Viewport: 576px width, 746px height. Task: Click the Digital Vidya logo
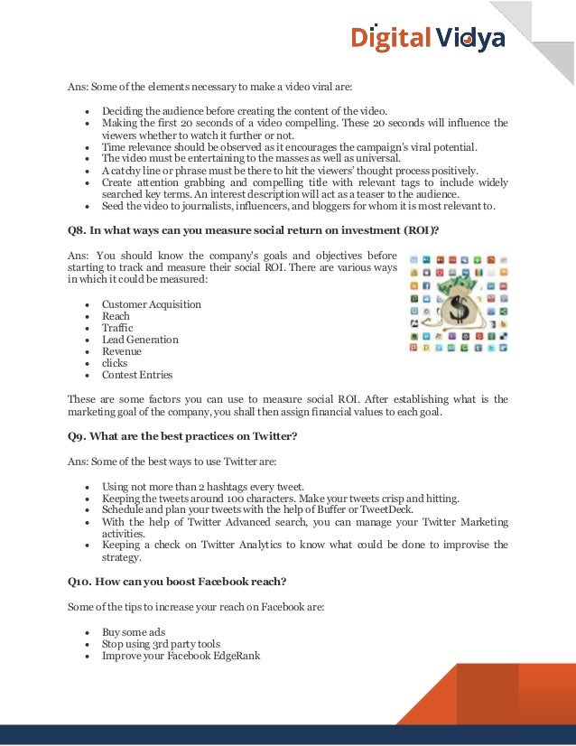tap(428, 38)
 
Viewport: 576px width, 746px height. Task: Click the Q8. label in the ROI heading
tap(79, 230)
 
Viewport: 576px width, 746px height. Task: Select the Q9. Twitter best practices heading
tap(182, 437)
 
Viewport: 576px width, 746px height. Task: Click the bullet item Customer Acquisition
tap(151, 304)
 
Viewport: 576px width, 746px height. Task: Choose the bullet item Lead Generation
tap(140, 340)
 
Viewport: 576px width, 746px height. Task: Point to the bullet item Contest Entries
tap(136, 375)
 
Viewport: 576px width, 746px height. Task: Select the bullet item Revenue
tap(121, 351)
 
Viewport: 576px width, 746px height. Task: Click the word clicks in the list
tap(115, 363)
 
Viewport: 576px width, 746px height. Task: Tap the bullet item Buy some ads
tap(133, 632)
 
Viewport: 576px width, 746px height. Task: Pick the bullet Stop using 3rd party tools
tap(161, 644)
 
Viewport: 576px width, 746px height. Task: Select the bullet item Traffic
tap(117, 328)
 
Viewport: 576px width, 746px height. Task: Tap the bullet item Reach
tap(116, 316)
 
